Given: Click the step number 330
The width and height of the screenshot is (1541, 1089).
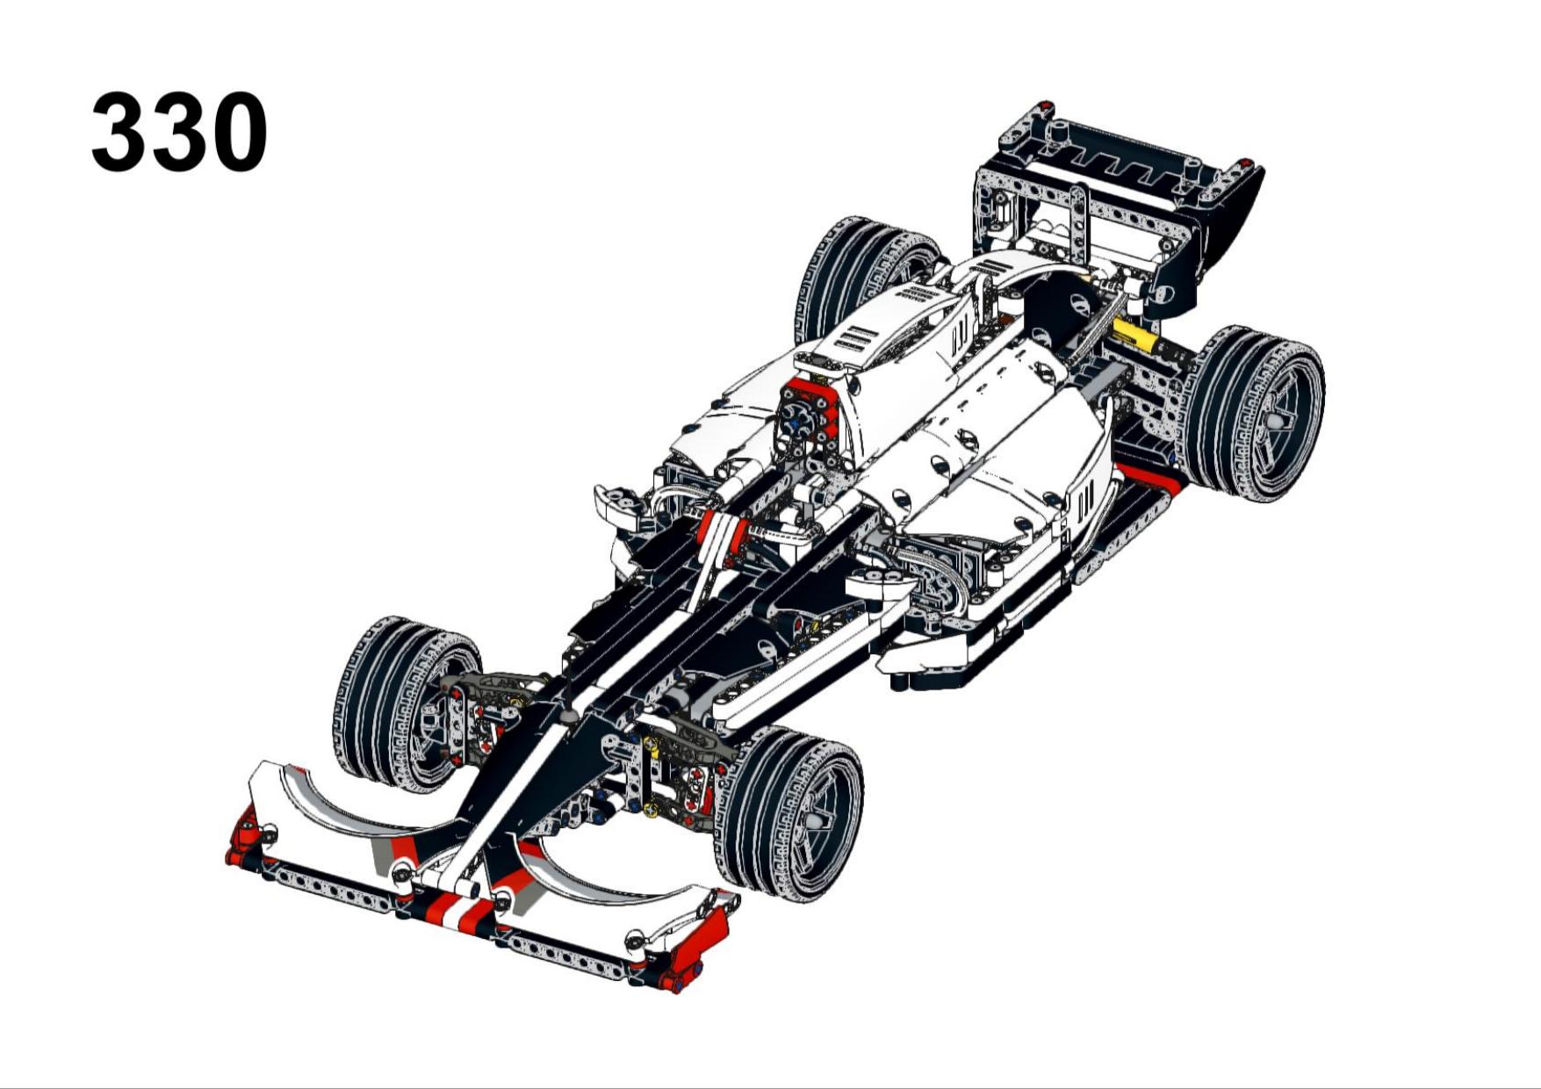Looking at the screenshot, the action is (179, 132).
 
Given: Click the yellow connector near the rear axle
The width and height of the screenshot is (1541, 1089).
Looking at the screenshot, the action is (1133, 335).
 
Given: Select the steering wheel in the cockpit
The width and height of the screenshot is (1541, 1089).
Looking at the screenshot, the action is (801, 419).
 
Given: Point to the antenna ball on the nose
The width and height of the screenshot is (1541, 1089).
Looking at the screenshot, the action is (569, 716).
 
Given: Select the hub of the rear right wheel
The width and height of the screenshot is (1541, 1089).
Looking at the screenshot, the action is (1272, 420).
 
